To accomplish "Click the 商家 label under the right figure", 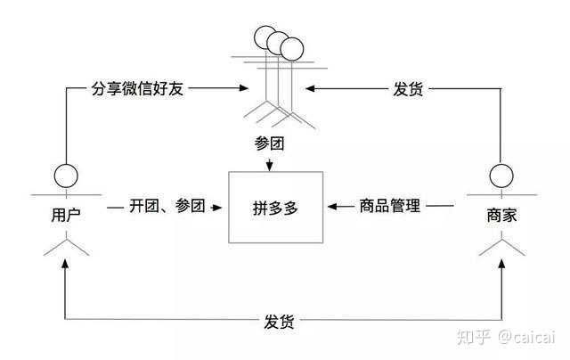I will click(501, 215).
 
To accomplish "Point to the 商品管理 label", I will click(388, 206).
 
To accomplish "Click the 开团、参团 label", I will click(167, 206).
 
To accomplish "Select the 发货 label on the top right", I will click(408, 89).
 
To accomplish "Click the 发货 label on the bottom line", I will click(280, 319).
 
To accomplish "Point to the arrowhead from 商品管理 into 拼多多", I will click(332, 206).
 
